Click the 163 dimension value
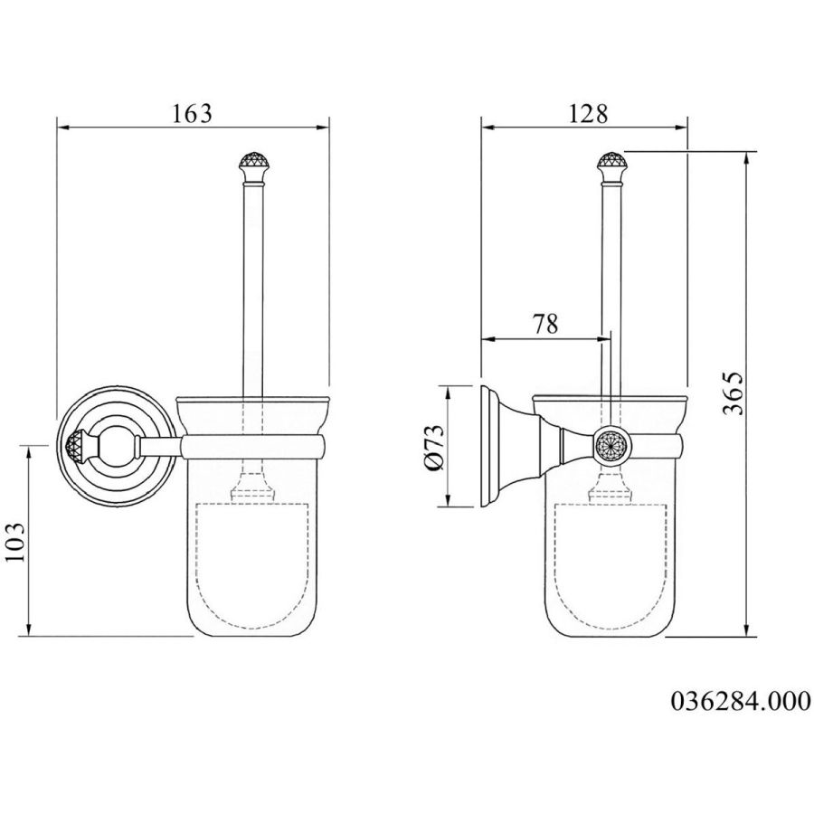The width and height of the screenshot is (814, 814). pos(192,114)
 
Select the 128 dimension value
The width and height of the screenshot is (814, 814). pos(588,114)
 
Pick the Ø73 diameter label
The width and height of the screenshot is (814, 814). pos(434,447)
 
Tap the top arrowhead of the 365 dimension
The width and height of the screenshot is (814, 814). pos(747,157)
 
